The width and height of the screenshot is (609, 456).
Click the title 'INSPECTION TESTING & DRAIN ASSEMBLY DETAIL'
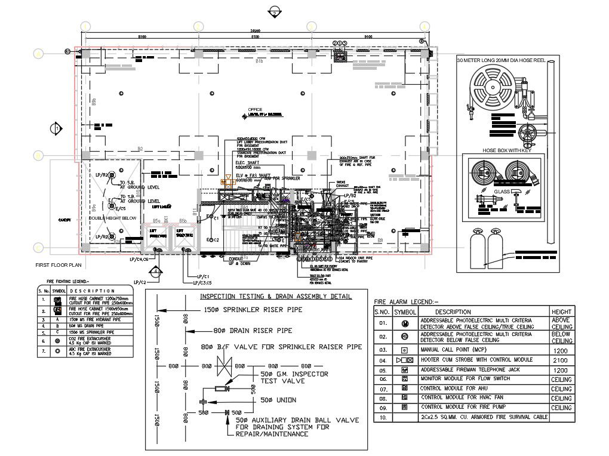pyautogui.click(x=275, y=297)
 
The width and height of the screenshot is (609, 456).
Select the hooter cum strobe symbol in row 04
pyautogui.click(x=404, y=361)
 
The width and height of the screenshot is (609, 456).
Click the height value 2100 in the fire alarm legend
pyautogui.click(x=561, y=361)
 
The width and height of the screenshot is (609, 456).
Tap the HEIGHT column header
pyautogui.click(x=561, y=312)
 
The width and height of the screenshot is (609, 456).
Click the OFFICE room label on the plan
pyautogui.click(x=256, y=110)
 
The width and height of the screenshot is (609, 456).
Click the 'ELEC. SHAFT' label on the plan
pyautogui.click(x=250, y=162)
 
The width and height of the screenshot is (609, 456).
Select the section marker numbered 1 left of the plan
pyautogui.click(x=56, y=129)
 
